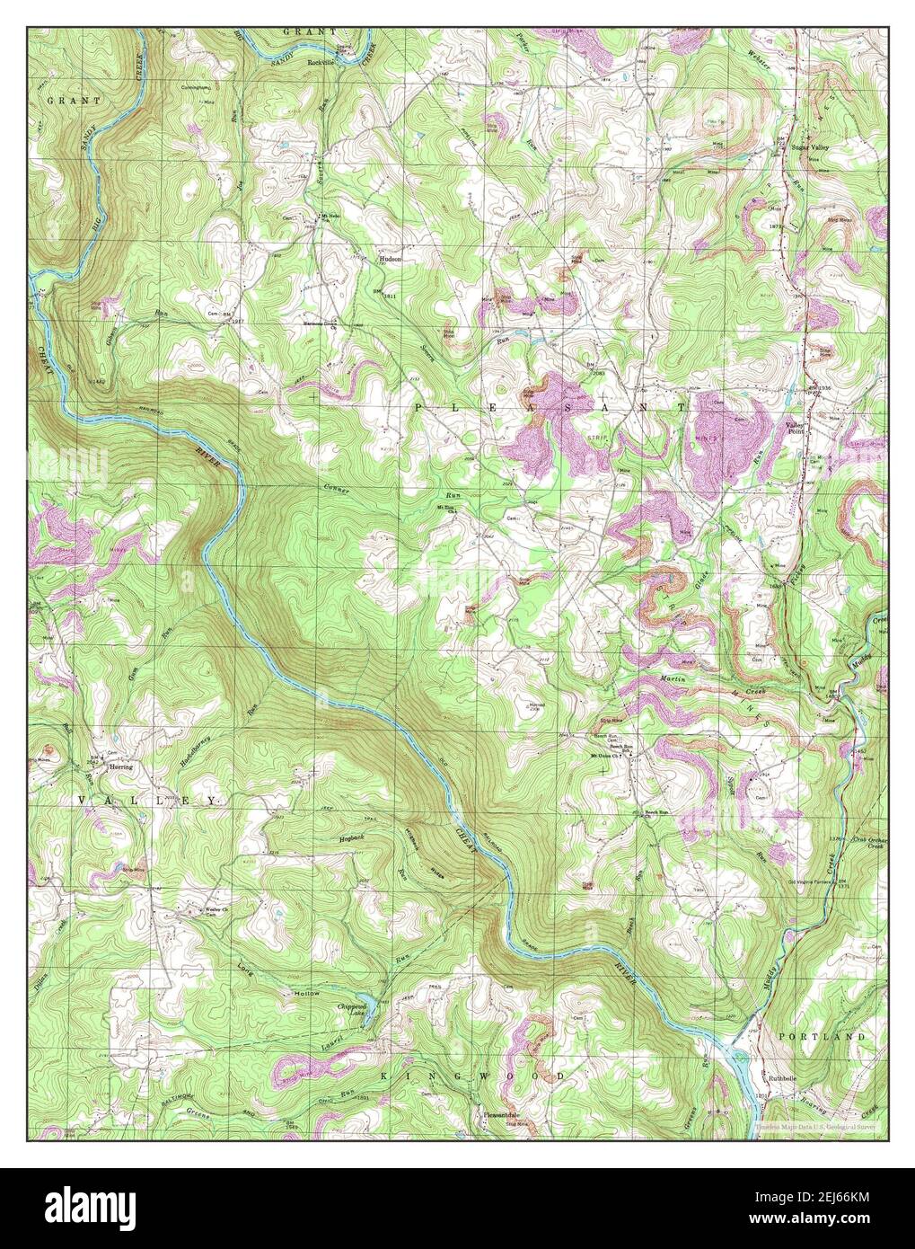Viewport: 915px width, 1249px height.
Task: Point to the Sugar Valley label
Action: coord(812,146)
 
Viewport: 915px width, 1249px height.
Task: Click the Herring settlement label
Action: coord(120,767)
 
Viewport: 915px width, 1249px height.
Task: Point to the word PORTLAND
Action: coord(822,1037)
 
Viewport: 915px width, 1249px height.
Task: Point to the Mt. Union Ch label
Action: coord(607,756)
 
